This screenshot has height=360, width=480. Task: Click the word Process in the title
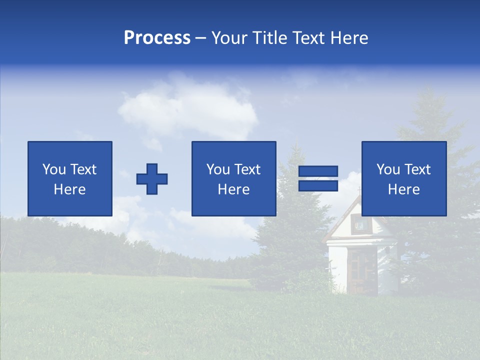[157, 38]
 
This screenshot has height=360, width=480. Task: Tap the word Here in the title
[349, 38]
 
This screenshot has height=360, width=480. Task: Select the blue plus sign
[152, 179]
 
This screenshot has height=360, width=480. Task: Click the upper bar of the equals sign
[318, 171]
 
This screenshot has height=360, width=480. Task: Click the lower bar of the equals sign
[318, 185]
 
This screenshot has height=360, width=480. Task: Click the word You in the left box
[54, 169]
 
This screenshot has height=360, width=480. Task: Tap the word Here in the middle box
[233, 189]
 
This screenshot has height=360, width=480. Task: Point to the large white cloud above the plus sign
[190, 107]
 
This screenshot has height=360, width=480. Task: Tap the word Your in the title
[228, 38]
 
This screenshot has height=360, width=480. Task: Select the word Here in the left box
[69, 189]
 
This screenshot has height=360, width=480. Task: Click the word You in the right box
[388, 169]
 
